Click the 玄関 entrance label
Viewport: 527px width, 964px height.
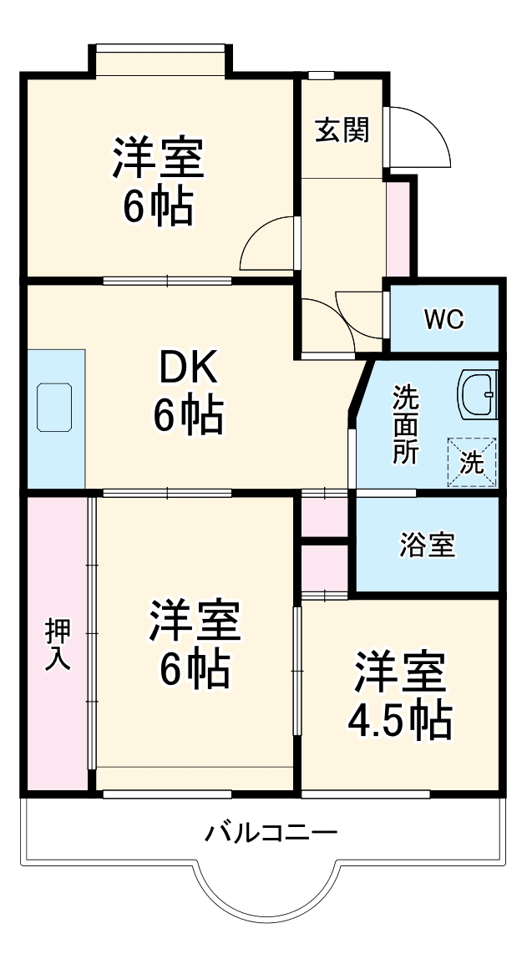(x=342, y=130)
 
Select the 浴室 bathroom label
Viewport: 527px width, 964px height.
(x=427, y=545)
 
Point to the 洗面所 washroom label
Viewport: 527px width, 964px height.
(x=407, y=424)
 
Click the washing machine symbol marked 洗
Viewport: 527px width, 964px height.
(x=472, y=462)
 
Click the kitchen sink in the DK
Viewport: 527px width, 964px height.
(x=55, y=407)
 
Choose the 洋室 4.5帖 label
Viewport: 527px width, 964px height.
(x=399, y=695)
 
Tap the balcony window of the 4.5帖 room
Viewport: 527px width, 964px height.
(x=366, y=793)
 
